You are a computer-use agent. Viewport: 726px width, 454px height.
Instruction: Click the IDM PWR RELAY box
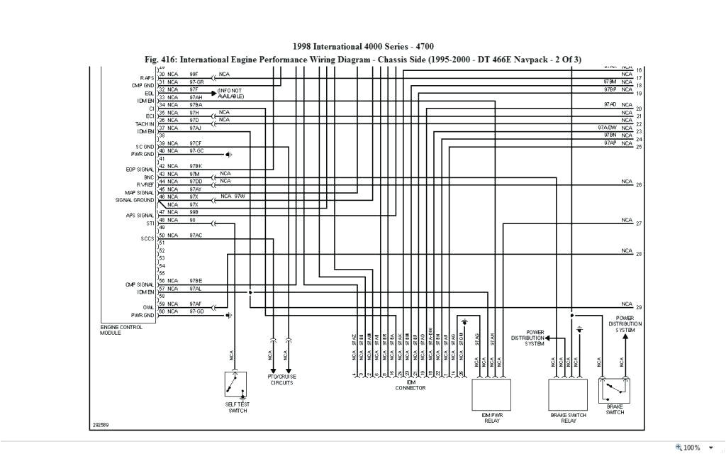pos(491,394)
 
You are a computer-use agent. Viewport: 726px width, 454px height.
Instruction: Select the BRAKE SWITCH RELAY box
pos(568,394)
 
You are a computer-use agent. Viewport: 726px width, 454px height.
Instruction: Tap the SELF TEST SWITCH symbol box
pos(237,385)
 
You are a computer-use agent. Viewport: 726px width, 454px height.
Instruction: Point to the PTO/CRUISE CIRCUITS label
pos(281,380)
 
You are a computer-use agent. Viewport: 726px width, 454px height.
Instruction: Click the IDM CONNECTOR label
pos(410,385)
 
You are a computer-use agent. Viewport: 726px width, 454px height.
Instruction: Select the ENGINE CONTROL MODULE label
pos(121,330)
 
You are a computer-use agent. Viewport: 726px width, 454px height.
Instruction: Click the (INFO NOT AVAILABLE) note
pos(230,94)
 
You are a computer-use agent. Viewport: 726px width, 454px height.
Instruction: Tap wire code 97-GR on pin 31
pos(196,82)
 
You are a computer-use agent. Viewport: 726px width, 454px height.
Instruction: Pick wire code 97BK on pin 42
pos(196,166)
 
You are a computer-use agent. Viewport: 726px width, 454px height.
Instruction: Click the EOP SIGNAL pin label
pos(140,170)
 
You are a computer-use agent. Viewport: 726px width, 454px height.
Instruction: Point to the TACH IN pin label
pos(145,123)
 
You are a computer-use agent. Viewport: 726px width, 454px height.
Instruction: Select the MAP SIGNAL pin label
pos(140,192)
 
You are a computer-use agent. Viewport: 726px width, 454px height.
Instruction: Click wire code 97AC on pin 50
pos(196,235)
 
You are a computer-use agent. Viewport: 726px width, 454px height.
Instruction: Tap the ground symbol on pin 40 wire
pos(229,154)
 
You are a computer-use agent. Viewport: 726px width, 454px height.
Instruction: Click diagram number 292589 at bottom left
pos(101,426)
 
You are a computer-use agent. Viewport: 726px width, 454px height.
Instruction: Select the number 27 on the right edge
pos(639,223)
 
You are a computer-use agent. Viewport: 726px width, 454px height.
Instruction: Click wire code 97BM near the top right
pos(609,82)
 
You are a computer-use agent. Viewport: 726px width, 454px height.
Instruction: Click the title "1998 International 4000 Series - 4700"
pos(363,47)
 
